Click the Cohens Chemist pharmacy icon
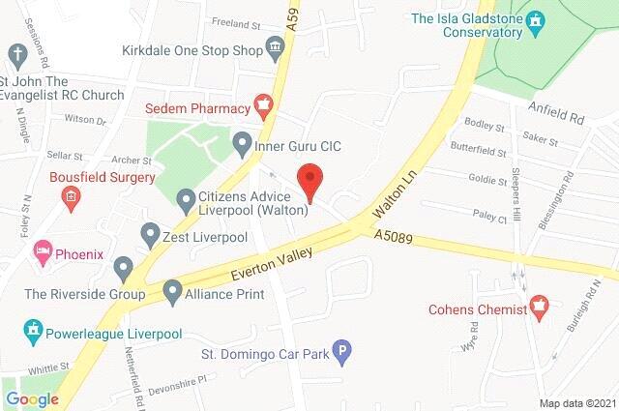pos(541,309)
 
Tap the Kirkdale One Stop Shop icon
pos(276,46)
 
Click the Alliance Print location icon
pos(173,288)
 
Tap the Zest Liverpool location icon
pos(150,233)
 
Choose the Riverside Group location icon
pos(123,266)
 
